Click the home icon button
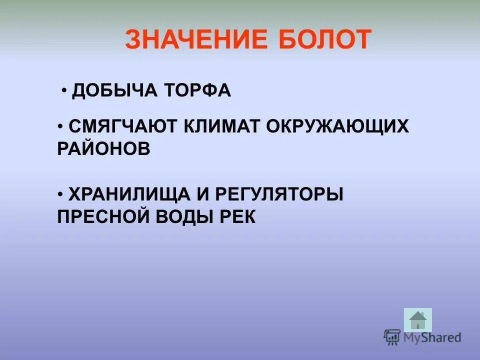pyautogui.click(x=417, y=320)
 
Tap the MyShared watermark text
pyautogui.click(x=432, y=337)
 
